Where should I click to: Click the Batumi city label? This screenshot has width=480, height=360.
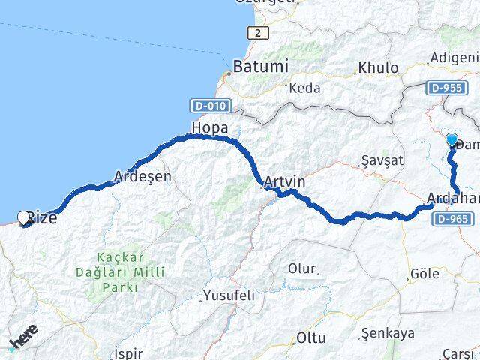tap(260, 66)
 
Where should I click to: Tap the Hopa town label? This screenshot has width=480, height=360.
tap(210, 127)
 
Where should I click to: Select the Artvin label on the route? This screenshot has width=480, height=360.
tap(285, 181)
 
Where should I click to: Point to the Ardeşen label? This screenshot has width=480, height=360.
tap(142, 177)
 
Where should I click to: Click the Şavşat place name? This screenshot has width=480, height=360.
tap(382, 160)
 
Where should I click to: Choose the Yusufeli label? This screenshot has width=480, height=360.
tap(229, 295)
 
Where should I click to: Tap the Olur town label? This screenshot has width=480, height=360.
tap(303, 268)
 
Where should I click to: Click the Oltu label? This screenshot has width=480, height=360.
tap(310, 338)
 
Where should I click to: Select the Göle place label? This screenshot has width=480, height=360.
tap(424, 274)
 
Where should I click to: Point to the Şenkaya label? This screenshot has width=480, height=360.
tap(388, 331)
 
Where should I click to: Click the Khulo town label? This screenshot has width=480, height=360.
tap(378, 67)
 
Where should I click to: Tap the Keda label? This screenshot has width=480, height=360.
tap(304, 88)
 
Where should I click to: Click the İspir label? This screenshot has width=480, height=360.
tap(127, 352)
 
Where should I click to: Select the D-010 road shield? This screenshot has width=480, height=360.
tap(209, 106)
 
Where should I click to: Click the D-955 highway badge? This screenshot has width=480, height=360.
tap(445, 88)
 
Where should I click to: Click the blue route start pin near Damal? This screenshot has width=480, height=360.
tap(451, 140)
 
